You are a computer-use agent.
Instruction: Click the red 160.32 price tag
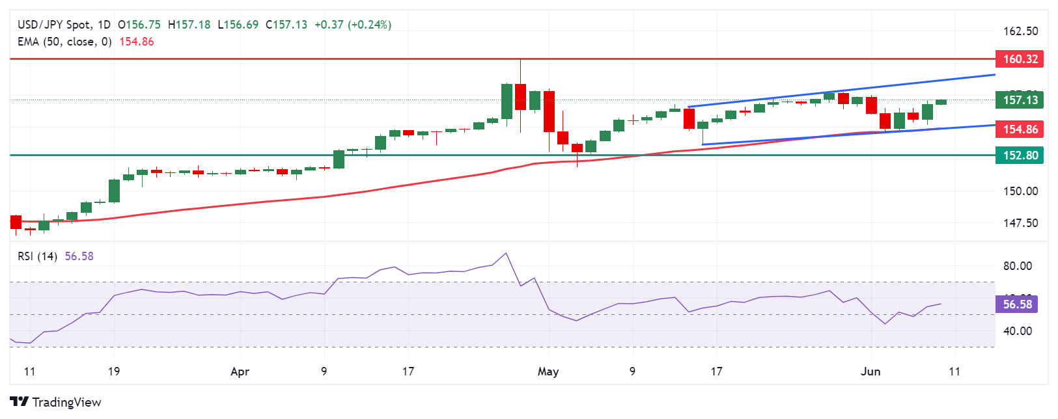1020,59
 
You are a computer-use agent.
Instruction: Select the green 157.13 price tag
1020,100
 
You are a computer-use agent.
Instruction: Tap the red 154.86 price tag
1020,129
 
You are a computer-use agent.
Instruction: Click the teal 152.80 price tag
1020,155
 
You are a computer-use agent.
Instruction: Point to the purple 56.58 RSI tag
1016,304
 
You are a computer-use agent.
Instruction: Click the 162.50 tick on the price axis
1020,31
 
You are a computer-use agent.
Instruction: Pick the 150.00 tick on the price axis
1020,191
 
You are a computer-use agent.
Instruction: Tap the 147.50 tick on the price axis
1020,223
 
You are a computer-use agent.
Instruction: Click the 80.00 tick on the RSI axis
1017,266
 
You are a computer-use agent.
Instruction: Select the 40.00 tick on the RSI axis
1017,331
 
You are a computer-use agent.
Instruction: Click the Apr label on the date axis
240,372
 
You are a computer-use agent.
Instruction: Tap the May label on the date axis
548,372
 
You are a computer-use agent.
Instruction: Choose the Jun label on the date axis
870,372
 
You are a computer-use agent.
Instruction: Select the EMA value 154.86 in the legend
136,42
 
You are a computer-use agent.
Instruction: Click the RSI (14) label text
38,256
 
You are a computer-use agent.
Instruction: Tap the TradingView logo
56,402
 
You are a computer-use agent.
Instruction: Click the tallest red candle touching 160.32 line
520,97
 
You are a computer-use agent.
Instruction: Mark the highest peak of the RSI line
506,253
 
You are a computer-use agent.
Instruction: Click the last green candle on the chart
941,102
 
